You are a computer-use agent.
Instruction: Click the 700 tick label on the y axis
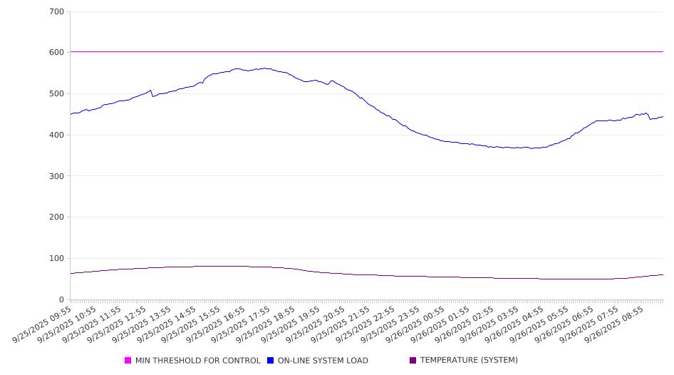(56, 12)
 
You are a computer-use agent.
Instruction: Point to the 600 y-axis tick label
(56, 53)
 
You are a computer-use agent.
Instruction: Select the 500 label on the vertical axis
(56, 94)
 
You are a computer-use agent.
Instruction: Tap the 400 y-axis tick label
(56, 135)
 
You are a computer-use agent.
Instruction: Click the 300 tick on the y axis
(56, 176)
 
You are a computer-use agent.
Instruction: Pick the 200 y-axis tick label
(56, 217)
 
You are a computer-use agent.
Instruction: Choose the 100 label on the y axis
(56, 259)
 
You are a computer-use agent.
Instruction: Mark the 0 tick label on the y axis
(61, 300)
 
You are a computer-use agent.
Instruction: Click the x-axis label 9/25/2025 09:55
(43, 325)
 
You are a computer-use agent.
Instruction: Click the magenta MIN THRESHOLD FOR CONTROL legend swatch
(128, 361)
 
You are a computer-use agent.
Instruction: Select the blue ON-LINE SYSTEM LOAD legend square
(271, 361)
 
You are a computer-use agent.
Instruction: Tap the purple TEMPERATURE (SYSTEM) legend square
(413, 361)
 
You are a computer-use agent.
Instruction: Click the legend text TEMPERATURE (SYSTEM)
(469, 361)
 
